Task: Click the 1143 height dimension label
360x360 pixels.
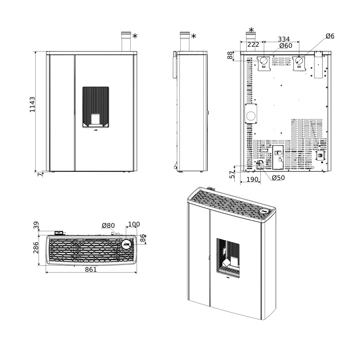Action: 32,104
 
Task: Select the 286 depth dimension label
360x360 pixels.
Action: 36,248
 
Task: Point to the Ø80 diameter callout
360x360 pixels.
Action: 108,226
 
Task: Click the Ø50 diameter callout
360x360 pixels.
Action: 278,178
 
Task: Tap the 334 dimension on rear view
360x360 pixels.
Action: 284,39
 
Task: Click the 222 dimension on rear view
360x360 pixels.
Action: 253,45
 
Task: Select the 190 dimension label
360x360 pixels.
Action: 252,179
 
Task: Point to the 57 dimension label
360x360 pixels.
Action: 233,175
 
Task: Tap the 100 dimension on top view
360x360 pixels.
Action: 134,224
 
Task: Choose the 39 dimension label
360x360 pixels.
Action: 36,226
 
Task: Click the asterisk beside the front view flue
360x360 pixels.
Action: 135,36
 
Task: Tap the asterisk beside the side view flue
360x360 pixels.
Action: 194,36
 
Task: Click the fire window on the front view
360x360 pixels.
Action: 95,107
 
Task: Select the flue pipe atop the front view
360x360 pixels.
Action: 126,41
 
